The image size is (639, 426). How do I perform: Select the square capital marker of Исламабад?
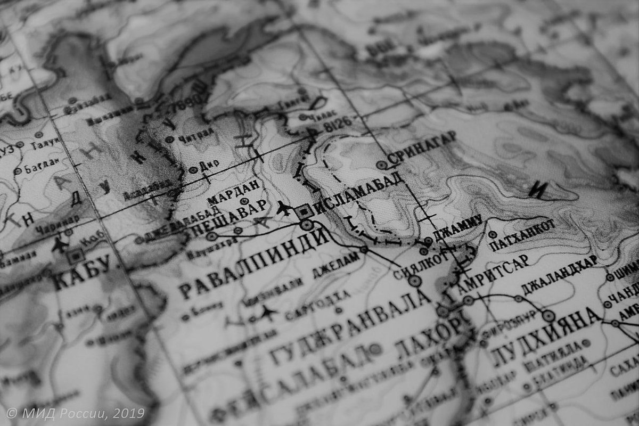click(x=304, y=211)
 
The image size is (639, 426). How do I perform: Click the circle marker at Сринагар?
click(x=382, y=165)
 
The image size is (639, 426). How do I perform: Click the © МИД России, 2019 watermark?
click(x=75, y=413)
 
